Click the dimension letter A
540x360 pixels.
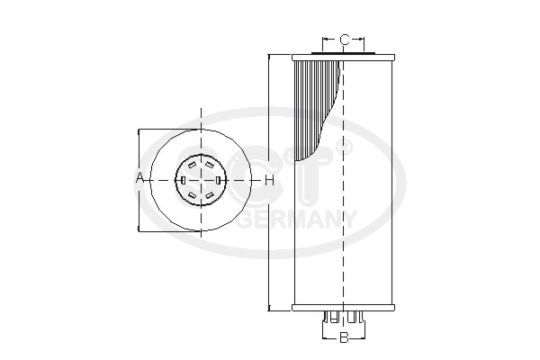[139, 179]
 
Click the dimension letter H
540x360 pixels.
[269, 180]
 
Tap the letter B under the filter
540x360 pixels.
[343, 338]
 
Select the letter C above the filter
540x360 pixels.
[344, 40]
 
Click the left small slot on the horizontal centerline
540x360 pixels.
[183, 180]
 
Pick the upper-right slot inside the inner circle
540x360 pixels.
[209, 165]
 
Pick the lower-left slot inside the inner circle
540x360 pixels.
[193, 194]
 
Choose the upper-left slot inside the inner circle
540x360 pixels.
[193, 165]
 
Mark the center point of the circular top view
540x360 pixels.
[201, 180]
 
